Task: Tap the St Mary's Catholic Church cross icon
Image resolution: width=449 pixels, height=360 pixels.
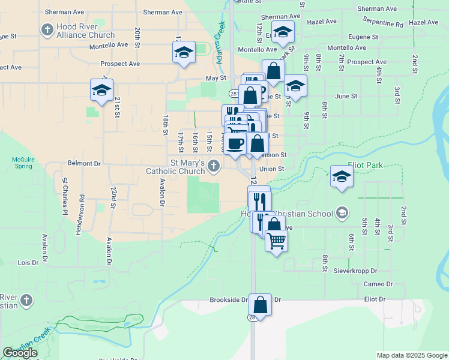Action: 215,167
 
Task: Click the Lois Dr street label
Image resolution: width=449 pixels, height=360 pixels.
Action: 28,262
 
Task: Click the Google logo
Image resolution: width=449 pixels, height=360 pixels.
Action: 20,353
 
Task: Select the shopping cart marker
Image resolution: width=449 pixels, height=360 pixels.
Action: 276,241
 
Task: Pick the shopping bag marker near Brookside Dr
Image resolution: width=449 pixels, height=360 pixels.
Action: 261,304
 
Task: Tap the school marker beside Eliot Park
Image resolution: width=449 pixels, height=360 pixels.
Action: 342,176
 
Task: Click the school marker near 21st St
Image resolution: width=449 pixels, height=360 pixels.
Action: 101,90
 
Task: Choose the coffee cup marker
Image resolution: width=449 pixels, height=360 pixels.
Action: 235,143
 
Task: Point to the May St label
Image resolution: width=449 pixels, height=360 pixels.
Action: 215,78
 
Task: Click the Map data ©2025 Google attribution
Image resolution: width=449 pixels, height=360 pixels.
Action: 411,355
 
